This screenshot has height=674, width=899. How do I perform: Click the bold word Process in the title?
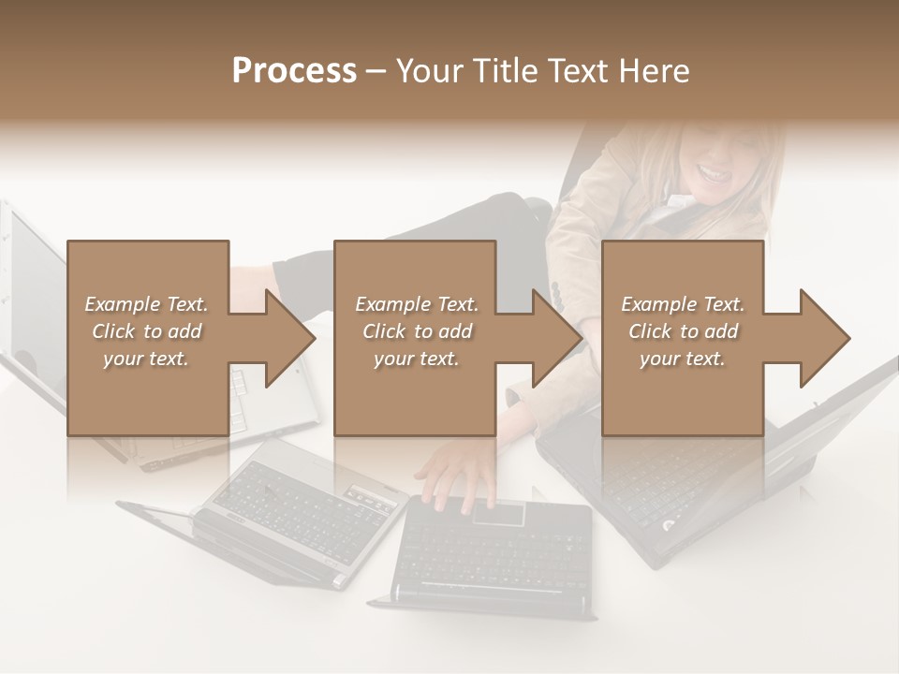[x=294, y=71]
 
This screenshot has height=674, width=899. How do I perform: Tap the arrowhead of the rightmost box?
[x=823, y=338]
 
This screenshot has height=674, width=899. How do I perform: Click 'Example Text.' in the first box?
[x=146, y=304]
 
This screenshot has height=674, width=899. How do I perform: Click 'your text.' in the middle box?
[x=416, y=359]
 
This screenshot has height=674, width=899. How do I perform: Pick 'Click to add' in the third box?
[x=683, y=331]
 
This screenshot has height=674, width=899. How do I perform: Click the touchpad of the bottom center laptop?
[x=497, y=513]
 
